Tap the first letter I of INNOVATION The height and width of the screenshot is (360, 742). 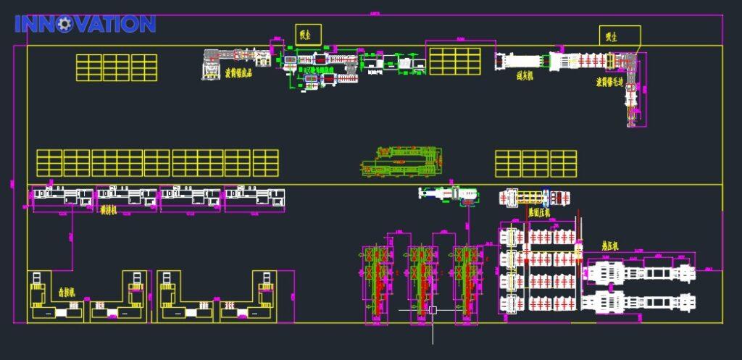click(x=18, y=24)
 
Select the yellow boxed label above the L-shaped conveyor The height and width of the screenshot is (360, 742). click(x=620, y=35)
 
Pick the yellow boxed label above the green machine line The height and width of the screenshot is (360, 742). click(x=307, y=34)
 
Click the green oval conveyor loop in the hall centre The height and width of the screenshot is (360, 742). click(x=401, y=161)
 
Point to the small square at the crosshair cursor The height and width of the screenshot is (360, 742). click(x=433, y=310)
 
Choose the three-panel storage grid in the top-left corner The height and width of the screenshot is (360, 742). click(x=117, y=67)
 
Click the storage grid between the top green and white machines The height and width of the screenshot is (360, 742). click(x=455, y=61)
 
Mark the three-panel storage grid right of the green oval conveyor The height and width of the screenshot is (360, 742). click(x=535, y=163)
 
